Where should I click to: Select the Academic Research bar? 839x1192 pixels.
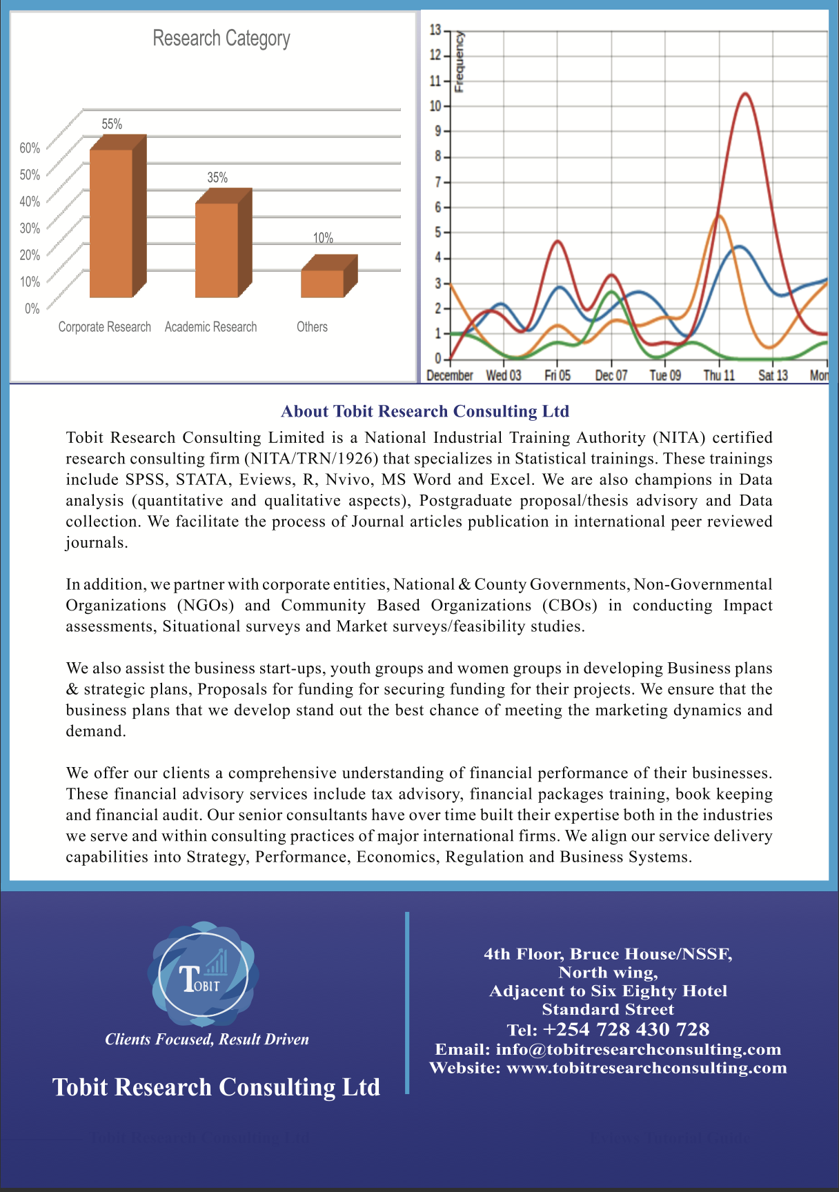[x=217, y=249]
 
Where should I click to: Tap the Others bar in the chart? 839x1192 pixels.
[x=323, y=283]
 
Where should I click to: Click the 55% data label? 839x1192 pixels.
[x=112, y=124]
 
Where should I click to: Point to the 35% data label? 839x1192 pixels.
[x=217, y=178]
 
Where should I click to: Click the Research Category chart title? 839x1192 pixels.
[x=221, y=39]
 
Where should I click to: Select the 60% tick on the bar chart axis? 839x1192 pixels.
[x=30, y=148]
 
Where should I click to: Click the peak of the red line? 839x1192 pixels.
[x=745, y=94]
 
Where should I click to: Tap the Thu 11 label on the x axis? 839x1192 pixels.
[x=719, y=375]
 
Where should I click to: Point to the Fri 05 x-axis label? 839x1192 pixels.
[x=557, y=375]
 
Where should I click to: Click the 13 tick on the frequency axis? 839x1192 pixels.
[x=435, y=30]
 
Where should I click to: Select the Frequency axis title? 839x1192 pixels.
[x=460, y=62]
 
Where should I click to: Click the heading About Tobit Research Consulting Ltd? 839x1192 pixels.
[x=425, y=412]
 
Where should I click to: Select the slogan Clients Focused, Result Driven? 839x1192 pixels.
[x=207, y=1040]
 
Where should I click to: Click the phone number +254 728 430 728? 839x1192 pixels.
[x=626, y=1030]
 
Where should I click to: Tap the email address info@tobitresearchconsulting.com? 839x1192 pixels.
[x=638, y=1049]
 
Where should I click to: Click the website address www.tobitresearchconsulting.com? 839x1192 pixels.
[x=646, y=1068]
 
